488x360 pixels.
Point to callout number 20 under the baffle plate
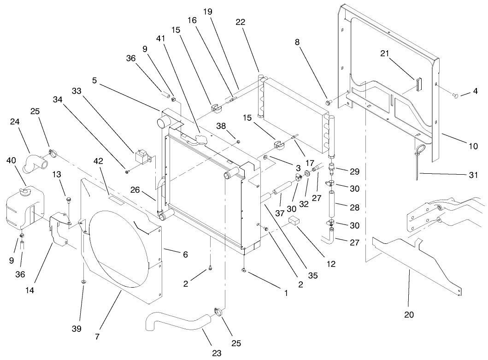click(409, 315)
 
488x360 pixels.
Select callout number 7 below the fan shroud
click(97, 337)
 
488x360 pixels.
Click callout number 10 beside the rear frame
click(474, 147)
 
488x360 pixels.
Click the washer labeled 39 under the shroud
click(83, 281)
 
